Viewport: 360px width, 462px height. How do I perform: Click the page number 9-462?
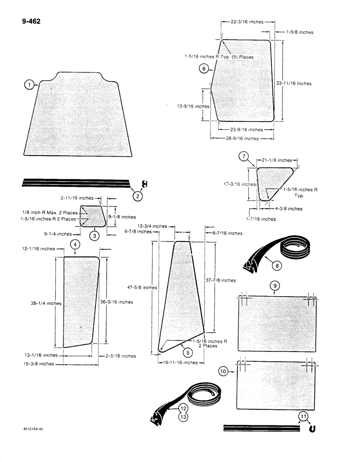point(31,21)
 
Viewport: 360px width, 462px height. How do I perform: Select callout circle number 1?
point(30,85)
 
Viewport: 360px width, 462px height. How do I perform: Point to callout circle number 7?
point(244,157)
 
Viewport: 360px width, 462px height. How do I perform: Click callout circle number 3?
point(94,236)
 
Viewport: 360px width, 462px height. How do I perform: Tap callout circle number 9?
point(275,286)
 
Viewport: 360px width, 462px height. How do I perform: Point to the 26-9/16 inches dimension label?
point(238,138)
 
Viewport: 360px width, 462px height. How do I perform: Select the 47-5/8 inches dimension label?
point(142,287)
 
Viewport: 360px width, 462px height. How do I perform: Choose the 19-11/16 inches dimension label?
point(178,363)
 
